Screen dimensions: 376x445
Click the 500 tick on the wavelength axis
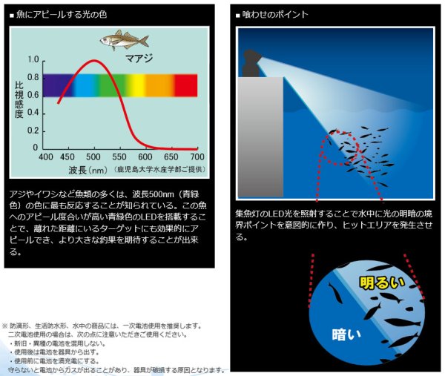[x=94, y=157]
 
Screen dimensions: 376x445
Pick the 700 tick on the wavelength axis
[x=197, y=157]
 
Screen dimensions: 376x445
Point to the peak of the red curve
[x=93, y=61]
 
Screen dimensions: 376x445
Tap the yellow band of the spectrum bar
[x=137, y=85]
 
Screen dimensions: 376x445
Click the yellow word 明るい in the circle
[x=383, y=283]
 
